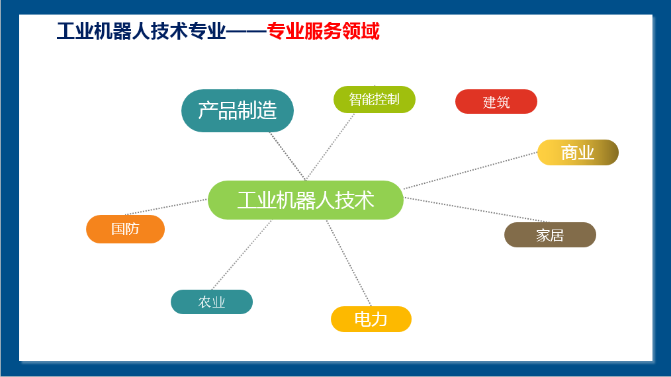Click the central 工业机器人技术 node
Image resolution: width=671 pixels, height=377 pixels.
[306, 200]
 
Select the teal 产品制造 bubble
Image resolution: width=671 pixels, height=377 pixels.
[238, 111]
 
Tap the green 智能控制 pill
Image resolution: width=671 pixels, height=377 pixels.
[375, 100]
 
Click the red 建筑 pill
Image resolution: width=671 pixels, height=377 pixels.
[496, 102]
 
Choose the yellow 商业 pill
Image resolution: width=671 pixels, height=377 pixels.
[578, 152]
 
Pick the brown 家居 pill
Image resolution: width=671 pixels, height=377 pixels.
[550, 235]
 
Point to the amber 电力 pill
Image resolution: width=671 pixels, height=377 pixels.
[371, 319]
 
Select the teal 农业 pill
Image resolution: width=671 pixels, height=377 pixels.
[211, 302]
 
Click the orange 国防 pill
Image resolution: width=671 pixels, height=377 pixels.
[125, 229]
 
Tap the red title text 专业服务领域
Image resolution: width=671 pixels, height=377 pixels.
[323, 31]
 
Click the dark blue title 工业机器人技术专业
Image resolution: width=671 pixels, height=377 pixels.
[141, 31]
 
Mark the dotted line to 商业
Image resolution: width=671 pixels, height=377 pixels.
[470, 171]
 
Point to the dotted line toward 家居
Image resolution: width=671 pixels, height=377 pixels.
[476, 210]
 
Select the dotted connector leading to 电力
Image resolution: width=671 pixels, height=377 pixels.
[349, 263]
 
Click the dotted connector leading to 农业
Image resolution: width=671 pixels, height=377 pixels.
[242, 255]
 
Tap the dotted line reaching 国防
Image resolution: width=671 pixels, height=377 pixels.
[167, 206]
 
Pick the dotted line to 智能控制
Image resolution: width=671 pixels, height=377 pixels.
[330, 146]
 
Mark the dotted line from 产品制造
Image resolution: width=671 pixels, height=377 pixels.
[288, 156]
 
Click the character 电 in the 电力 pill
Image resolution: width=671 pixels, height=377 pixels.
[363, 319]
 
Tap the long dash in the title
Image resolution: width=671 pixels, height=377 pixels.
[246, 31]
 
